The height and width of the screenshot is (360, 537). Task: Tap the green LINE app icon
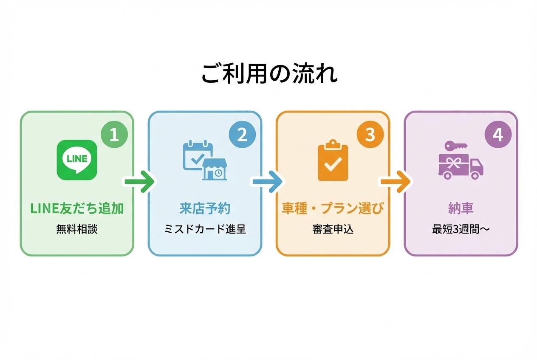[77, 160]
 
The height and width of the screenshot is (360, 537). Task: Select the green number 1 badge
[114, 135]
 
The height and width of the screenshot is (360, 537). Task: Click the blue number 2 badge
[242, 135]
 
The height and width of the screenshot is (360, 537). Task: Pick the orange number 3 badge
[370, 135]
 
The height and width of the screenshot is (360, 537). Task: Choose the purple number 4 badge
[498, 135]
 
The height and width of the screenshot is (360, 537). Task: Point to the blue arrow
[267, 182]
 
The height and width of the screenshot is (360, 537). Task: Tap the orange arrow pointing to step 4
[395, 182]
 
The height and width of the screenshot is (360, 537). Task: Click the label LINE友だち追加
[77, 208]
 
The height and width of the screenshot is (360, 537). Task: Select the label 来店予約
[205, 208]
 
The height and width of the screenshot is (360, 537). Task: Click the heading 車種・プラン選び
[333, 208]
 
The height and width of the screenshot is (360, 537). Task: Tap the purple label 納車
[461, 208]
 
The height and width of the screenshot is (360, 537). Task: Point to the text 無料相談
[77, 229]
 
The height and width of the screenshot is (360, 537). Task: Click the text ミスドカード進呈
[205, 229]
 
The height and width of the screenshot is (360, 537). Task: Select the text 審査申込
[333, 229]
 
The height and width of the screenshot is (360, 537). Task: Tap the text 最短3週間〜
[461, 229]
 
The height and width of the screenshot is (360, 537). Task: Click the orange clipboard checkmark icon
[333, 162]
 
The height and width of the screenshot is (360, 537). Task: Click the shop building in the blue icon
[215, 169]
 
